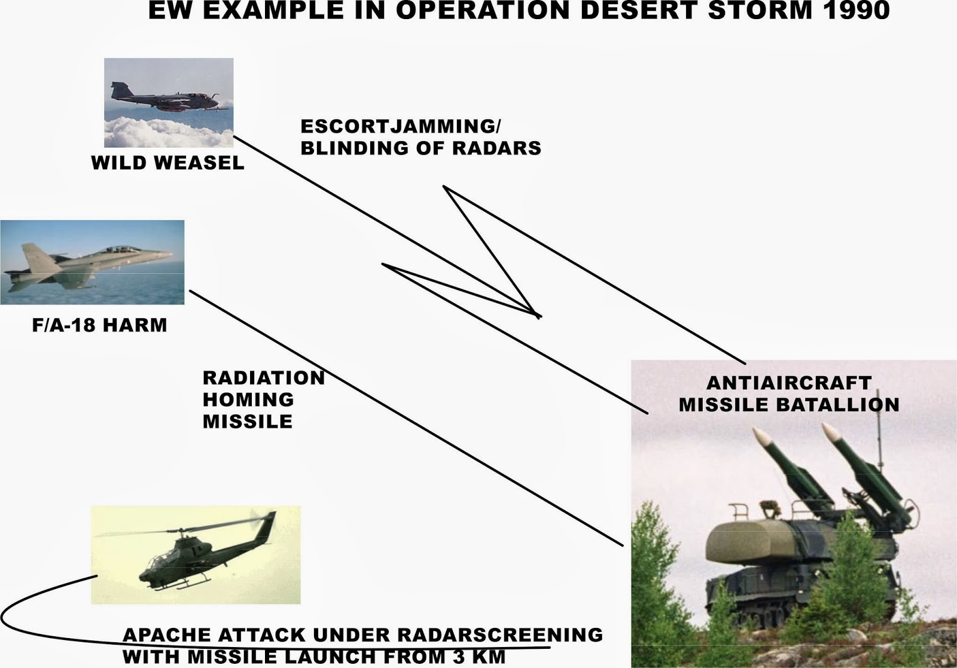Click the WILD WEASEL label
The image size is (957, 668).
tap(167, 163)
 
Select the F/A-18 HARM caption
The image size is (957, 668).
tap(99, 325)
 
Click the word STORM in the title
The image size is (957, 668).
tap(756, 10)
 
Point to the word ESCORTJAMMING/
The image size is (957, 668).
tap(401, 127)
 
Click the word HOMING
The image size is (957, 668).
tap(248, 399)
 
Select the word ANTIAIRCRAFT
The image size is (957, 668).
tap(789, 383)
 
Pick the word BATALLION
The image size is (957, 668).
tap(838, 405)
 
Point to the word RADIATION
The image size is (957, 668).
tap(263, 378)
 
